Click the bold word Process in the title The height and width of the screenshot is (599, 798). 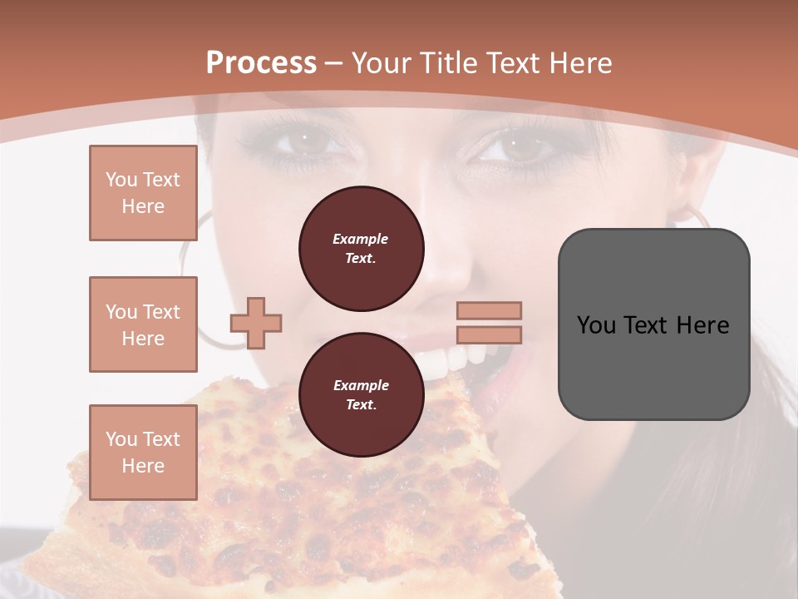(261, 63)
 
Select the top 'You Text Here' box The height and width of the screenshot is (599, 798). (143, 193)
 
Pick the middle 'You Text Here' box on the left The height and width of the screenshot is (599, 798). (143, 324)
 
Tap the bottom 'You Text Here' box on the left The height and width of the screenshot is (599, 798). (143, 453)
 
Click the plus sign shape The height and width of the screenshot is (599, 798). (256, 323)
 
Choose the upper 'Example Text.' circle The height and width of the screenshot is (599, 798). (362, 249)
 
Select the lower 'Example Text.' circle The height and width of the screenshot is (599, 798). (362, 395)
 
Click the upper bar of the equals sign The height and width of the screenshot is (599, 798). (489, 310)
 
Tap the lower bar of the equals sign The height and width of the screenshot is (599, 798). (489, 334)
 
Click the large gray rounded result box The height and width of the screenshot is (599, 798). (653, 324)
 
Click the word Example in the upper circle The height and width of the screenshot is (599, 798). (361, 239)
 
